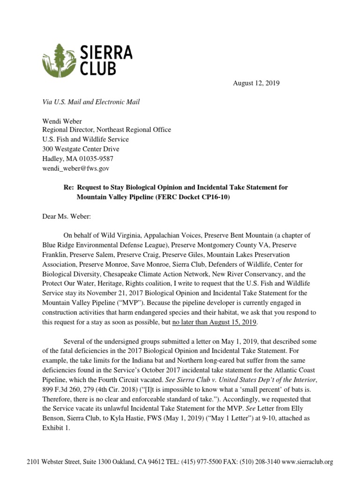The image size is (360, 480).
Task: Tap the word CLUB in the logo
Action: tap(98, 68)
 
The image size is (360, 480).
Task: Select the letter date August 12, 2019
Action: tap(256, 83)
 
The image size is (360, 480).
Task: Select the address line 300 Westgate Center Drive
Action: tap(80, 149)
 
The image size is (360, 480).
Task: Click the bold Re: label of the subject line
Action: tap(69, 187)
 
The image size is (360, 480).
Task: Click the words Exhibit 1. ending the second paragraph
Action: tap(56, 427)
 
